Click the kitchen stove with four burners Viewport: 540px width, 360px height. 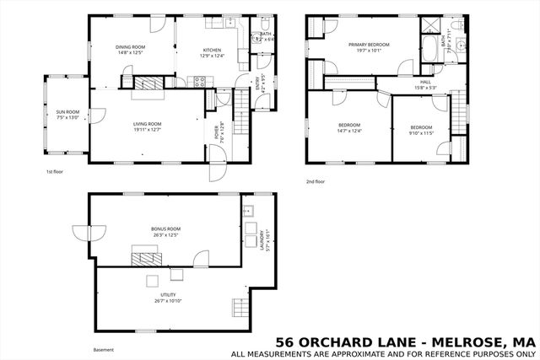(201, 82)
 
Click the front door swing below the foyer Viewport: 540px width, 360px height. (217, 171)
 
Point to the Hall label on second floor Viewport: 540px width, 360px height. (425, 82)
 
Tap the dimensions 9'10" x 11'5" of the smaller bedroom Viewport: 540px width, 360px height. (420, 133)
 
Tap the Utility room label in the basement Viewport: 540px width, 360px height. (165, 295)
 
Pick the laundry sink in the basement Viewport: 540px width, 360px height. (249, 211)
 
